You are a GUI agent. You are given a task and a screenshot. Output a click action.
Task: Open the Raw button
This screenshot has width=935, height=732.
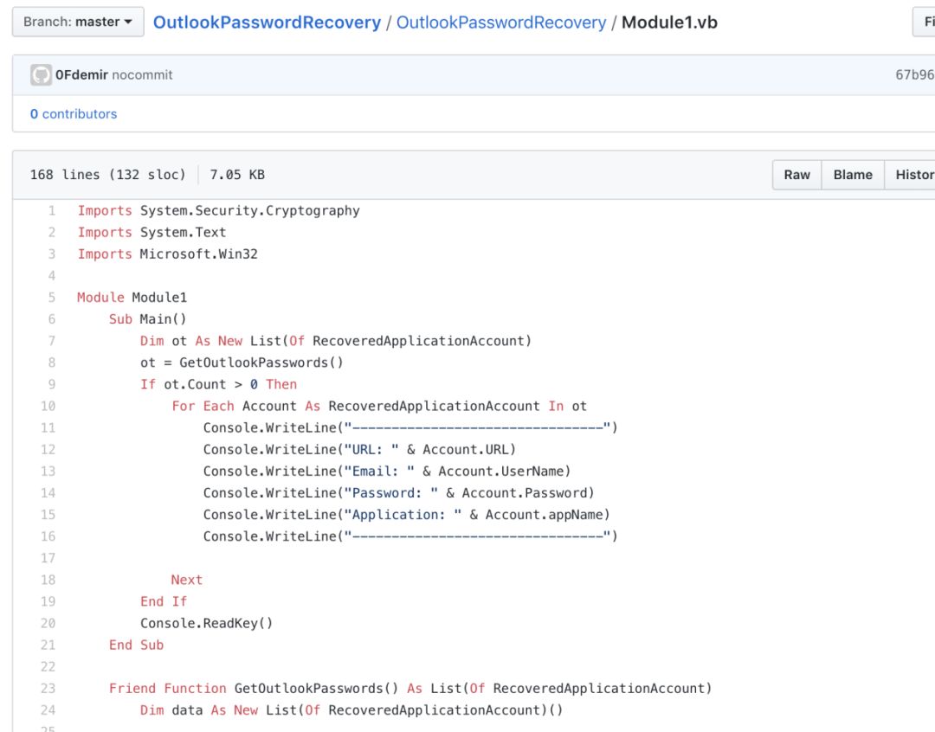[796, 175]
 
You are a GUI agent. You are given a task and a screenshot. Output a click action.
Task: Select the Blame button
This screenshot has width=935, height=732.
[853, 175]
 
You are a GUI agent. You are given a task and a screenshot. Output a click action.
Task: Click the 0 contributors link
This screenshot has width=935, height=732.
[74, 114]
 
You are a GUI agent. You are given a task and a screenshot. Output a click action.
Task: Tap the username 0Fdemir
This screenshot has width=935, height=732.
[81, 75]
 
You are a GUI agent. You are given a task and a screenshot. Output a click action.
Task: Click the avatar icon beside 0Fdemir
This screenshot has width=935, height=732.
[41, 75]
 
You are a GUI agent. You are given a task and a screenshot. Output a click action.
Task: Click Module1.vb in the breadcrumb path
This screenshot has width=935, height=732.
[669, 22]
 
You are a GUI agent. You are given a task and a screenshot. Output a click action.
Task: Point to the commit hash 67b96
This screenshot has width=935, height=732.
[914, 75]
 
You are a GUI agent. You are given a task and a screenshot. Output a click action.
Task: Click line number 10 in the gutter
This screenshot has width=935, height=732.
[48, 406]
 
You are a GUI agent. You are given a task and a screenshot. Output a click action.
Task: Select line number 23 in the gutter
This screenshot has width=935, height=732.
[48, 688]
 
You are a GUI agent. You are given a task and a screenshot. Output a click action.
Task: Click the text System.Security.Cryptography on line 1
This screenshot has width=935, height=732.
[249, 210]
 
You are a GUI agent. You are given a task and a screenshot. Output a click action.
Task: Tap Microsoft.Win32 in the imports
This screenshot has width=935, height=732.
[198, 254]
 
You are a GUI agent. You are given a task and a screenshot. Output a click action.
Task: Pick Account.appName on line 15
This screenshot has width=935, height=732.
[547, 514]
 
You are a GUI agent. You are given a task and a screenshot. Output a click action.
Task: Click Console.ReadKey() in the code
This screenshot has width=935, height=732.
[206, 623]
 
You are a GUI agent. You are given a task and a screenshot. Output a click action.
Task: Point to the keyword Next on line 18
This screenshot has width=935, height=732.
[186, 580]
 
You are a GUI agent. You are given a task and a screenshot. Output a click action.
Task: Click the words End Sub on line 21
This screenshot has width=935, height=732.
[136, 645]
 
